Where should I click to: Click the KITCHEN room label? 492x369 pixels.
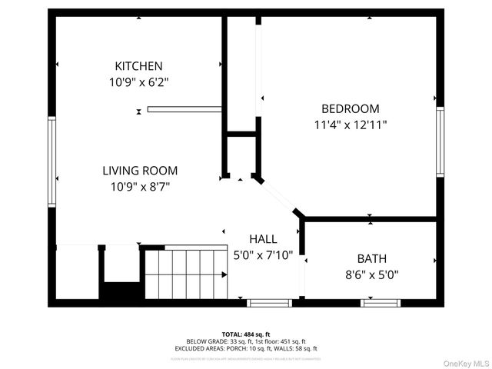click(138, 66)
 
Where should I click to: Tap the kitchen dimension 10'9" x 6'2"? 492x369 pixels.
click(138, 81)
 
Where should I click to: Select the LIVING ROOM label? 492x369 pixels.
click(140, 171)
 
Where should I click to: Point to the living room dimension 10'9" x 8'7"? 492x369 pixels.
click(140, 186)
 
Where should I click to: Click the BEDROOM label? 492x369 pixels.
click(350, 108)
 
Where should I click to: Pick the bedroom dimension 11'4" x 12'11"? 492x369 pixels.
click(350, 124)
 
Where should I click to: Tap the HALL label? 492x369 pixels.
click(264, 240)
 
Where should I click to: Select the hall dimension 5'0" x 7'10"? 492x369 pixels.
click(264, 255)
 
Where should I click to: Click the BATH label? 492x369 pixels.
click(371, 258)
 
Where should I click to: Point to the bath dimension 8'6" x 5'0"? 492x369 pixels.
click(371, 274)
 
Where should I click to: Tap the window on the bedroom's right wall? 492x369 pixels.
click(440, 141)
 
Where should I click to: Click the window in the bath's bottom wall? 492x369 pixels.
click(381, 303)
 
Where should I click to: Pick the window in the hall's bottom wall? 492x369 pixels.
click(269, 303)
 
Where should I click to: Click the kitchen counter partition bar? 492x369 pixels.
click(184, 109)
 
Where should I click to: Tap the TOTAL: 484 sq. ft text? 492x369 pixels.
click(246, 334)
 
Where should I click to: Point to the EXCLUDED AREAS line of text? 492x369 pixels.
click(246, 348)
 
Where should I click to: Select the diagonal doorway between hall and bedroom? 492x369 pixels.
click(281, 198)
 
